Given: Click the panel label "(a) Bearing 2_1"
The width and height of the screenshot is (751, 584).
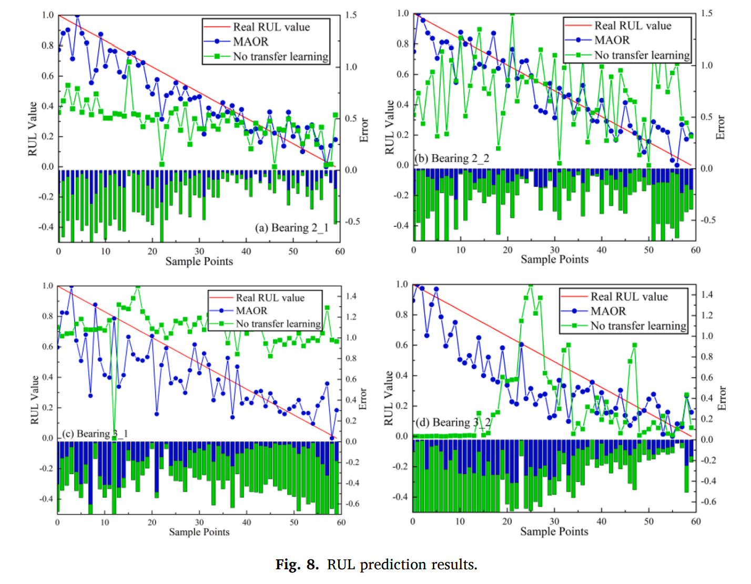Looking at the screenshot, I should click(291, 228).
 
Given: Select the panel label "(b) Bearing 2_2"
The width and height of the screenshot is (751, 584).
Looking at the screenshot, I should click(452, 158).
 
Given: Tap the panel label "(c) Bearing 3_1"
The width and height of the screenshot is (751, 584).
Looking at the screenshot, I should click(95, 434).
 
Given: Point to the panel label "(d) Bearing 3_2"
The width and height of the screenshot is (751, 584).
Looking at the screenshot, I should click(453, 422).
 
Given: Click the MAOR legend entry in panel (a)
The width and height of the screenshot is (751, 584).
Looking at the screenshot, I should click(250, 42).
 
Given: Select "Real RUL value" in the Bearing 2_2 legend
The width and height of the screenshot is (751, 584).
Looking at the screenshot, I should click(633, 25).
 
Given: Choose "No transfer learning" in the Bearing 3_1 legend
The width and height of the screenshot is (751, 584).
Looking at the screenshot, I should click(278, 324).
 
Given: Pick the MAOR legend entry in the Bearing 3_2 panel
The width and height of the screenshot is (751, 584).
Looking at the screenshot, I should click(608, 311).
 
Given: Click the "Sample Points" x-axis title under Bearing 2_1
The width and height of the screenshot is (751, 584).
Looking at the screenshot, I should click(199, 261).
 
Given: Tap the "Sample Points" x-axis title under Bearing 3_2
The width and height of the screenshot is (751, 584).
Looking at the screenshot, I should click(554, 531).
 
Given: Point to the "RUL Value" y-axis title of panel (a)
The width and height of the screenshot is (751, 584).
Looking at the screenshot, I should click(33, 129).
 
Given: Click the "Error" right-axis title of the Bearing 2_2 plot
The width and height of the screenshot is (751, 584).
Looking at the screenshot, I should click(720, 127).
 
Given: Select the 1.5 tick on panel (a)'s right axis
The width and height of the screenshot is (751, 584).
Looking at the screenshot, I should click(351, 15).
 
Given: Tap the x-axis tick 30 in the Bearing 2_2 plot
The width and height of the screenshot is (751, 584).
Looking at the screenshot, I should click(554, 250).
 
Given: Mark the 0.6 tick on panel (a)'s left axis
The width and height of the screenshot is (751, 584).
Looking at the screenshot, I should click(48, 76).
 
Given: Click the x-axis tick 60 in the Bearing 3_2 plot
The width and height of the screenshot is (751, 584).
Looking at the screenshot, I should click(695, 521).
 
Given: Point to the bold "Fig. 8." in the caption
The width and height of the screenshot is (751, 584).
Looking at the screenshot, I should click(297, 565).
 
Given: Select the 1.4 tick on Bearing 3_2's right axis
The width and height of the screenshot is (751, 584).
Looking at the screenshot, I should click(707, 295).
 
